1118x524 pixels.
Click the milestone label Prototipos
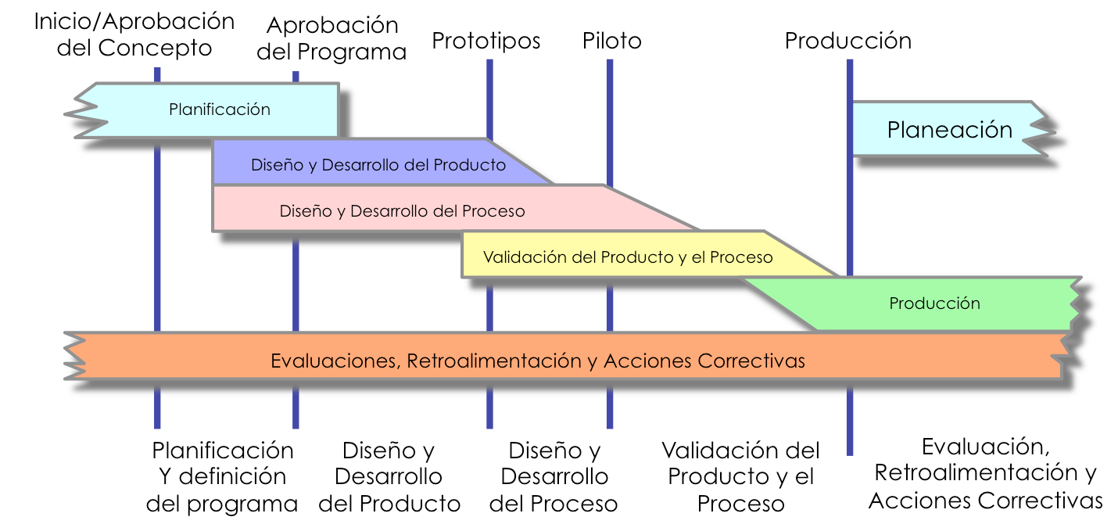(486, 40)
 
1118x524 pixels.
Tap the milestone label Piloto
(611, 40)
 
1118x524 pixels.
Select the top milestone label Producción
(848, 40)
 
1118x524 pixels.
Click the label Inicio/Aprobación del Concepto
(134, 34)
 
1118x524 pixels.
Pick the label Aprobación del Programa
(331, 38)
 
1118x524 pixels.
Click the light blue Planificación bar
(220, 109)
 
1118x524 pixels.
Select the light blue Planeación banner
(949, 129)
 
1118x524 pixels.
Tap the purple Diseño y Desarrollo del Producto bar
(378, 165)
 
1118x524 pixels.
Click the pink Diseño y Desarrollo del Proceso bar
(402, 211)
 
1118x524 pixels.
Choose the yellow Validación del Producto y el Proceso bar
(628, 257)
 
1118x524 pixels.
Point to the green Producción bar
(934, 303)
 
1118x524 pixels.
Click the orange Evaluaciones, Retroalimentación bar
(538, 361)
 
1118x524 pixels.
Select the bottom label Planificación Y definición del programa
(223, 476)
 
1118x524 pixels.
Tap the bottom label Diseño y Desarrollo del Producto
(389, 476)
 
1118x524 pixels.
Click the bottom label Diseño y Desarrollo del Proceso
(554, 476)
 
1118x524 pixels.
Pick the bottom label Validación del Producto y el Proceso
(740, 476)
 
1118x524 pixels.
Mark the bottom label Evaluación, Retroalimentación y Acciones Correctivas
(985, 473)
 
